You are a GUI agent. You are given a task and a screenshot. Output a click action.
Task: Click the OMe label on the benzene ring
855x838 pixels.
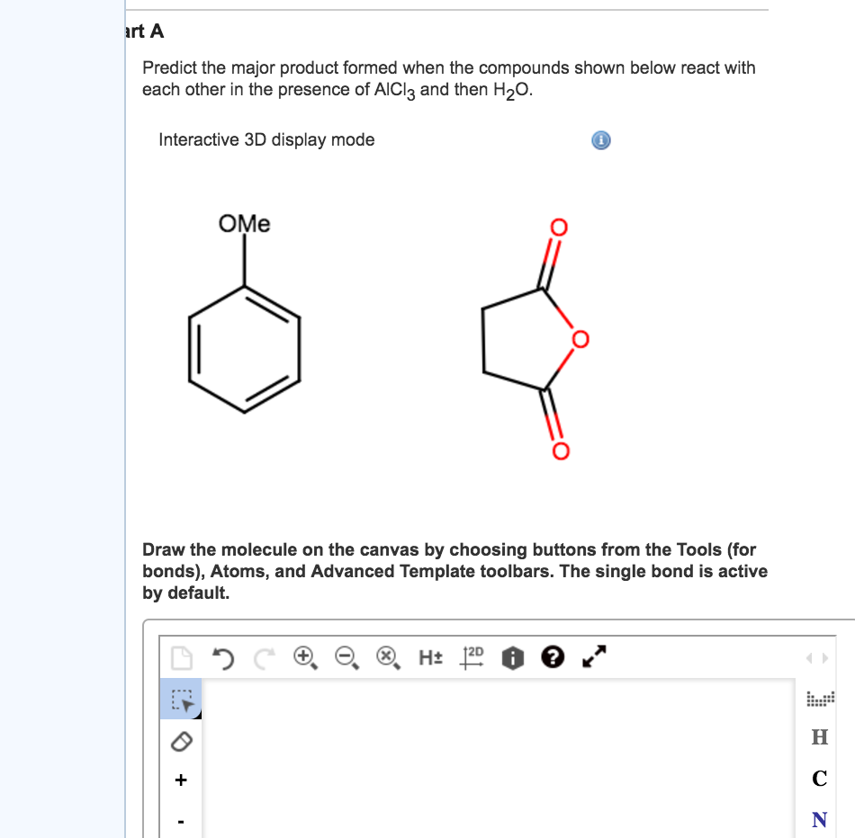coord(244,224)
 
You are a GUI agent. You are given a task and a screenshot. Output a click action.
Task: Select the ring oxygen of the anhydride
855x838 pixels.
coord(580,339)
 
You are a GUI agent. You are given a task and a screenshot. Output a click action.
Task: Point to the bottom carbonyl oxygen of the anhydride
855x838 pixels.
coord(559,450)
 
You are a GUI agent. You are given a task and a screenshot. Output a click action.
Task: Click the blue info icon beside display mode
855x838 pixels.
coord(601,140)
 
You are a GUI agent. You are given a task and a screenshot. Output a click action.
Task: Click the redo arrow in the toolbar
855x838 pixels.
coord(260,658)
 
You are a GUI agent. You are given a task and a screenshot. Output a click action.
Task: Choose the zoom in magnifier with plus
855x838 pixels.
coord(304,658)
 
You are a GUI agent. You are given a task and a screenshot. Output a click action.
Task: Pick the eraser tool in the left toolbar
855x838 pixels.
coord(181,740)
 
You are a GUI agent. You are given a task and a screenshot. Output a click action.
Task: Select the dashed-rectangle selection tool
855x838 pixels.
coord(181,699)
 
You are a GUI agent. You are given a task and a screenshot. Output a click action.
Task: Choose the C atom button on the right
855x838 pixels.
coord(819,778)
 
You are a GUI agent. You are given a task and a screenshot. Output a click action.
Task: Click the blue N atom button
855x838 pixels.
coord(819,819)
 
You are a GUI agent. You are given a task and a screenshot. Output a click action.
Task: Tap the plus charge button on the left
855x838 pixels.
coord(181,780)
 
